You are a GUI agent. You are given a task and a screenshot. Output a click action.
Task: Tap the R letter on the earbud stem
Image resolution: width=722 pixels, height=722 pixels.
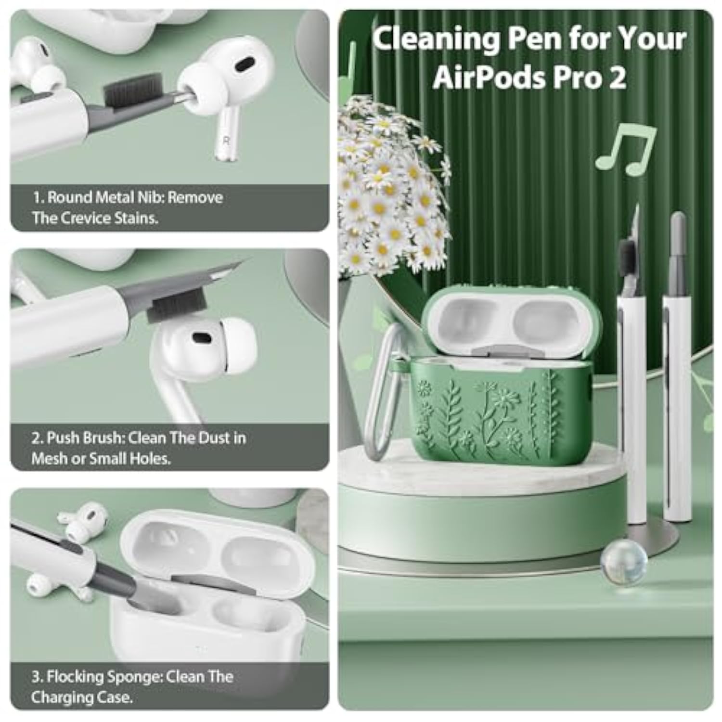(225, 141)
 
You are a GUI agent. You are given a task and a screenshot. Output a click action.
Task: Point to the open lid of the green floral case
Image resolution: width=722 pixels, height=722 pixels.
(513, 320)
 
